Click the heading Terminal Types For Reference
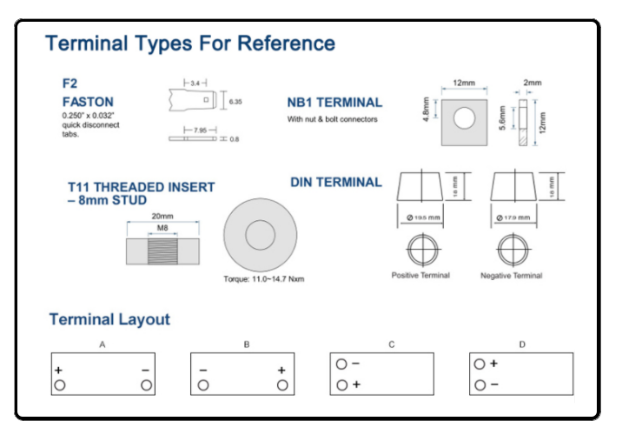coord(189,43)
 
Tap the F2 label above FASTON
coord(69,84)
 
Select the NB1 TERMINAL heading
coord(334,103)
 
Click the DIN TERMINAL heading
coord(335,183)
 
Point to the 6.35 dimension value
coord(235,102)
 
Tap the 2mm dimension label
coord(532,84)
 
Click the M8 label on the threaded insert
coord(162,230)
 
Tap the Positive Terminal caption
coord(420,276)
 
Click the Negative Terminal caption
coord(511,276)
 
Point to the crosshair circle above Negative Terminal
coord(511,251)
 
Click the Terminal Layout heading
coord(109,319)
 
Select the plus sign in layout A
coord(60,371)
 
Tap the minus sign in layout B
coord(203,371)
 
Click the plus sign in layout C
coord(356,384)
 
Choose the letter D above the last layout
coord(522,345)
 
